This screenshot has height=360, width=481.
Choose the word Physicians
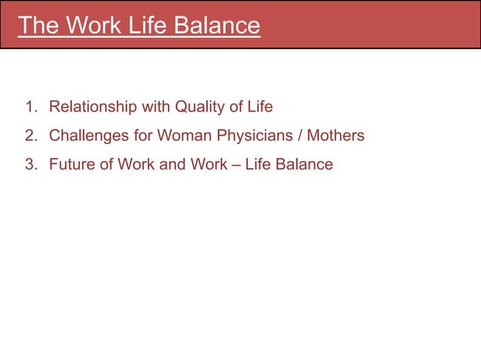pos(253,136)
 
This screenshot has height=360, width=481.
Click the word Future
pos(72,163)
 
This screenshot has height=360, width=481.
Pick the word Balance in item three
pos(303,163)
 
